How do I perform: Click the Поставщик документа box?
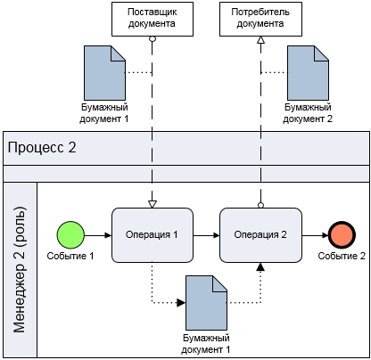[153, 19]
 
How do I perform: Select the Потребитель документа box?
[260, 19]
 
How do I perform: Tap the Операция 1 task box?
[153, 235]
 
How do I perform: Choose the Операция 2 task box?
[260, 235]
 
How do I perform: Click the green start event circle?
[70, 235]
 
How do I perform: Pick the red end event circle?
[342, 235]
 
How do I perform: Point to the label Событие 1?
[70, 256]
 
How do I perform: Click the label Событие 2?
[342, 256]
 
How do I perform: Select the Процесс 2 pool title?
[42, 148]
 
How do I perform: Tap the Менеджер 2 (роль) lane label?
[20, 269]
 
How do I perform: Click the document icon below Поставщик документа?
[104, 73]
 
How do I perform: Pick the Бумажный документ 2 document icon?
[308, 73]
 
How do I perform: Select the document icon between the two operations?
[206, 303]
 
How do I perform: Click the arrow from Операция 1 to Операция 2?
[206, 235]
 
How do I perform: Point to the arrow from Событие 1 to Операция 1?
[98, 235]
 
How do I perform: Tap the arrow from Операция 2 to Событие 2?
[315, 235]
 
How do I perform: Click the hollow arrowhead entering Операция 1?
[153, 204]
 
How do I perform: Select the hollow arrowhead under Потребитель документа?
[260, 40]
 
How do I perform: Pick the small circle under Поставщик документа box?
[153, 38]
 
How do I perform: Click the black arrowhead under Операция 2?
[260, 266]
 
